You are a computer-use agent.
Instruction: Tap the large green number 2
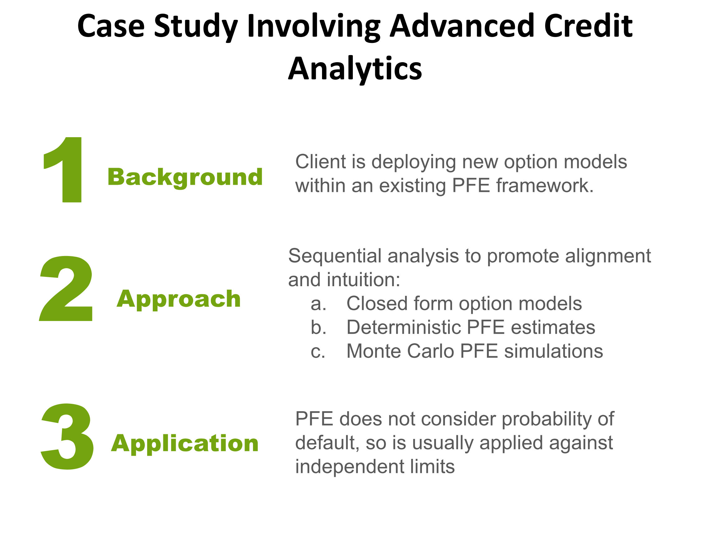66,288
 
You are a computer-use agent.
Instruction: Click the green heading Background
185,177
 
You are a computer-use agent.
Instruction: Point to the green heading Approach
179,300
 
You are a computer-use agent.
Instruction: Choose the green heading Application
185,444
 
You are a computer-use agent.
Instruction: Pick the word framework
545,185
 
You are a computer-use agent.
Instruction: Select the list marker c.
318,352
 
